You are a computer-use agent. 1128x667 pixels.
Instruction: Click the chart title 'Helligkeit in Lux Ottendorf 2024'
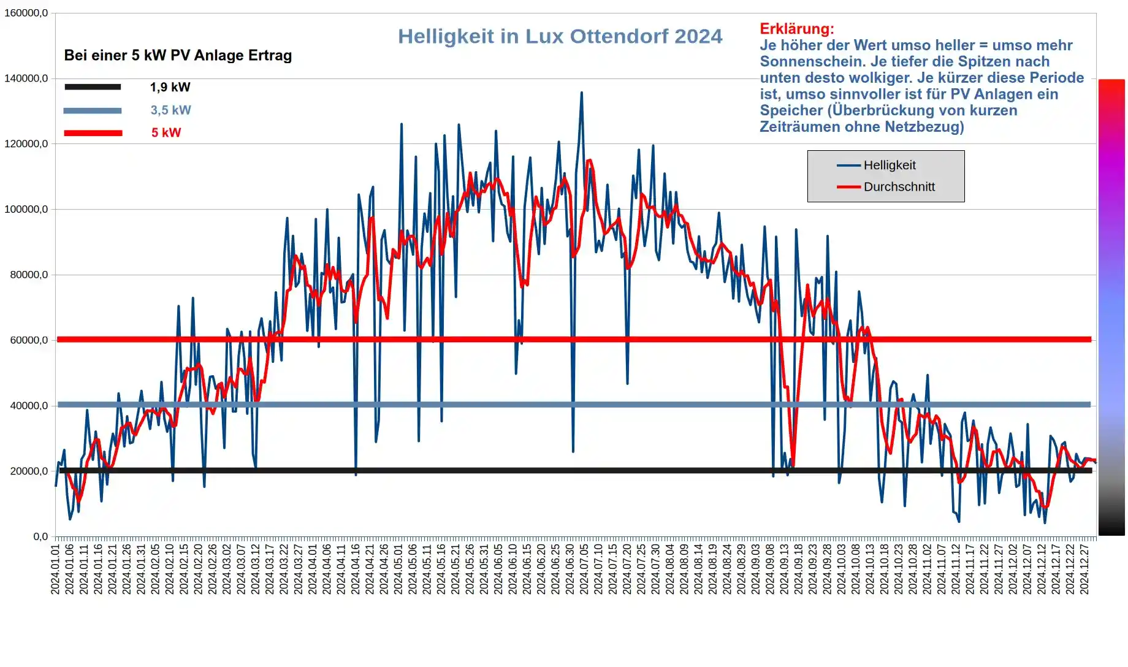(x=560, y=36)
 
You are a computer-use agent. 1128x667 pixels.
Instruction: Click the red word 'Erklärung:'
(x=796, y=29)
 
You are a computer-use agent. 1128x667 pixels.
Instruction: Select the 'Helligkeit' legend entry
(x=889, y=165)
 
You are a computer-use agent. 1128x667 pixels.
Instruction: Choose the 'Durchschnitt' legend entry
(x=899, y=187)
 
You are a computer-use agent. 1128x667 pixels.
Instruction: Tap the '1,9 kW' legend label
(x=170, y=87)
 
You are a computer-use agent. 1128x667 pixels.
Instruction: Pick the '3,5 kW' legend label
(x=170, y=110)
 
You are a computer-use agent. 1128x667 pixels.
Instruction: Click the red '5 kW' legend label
(x=166, y=132)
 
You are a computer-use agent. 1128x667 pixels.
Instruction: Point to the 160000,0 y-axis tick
(x=26, y=13)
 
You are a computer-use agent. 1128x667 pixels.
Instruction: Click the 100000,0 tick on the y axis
(x=26, y=209)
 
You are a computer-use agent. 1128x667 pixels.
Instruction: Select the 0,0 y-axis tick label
(x=40, y=536)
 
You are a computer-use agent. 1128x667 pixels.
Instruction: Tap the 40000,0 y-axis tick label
(x=28, y=405)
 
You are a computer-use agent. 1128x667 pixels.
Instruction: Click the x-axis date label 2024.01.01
(x=55, y=570)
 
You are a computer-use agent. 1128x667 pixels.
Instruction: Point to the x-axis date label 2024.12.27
(x=1084, y=570)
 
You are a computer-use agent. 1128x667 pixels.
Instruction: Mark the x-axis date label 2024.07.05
(x=584, y=570)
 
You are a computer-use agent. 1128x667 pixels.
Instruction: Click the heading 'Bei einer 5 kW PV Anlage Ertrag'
(x=178, y=55)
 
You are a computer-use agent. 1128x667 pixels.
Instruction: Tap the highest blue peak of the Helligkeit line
(x=582, y=93)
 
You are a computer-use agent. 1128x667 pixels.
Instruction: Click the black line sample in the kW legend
(x=93, y=87)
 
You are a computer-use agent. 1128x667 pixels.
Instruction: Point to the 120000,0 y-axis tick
(x=26, y=143)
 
